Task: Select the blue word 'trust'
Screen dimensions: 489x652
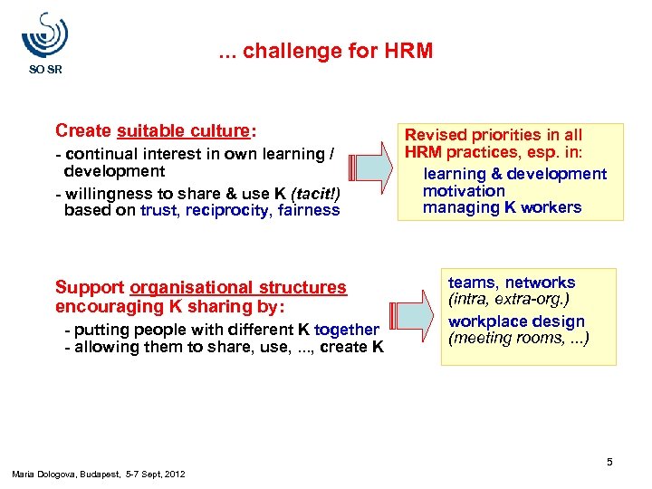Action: pos(159,210)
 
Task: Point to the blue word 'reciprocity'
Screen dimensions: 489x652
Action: pos(227,210)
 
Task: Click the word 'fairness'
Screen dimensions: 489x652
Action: pos(310,210)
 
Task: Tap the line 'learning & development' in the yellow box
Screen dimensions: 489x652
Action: pos(514,174)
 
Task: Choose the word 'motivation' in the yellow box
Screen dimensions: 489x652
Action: pos(464,191)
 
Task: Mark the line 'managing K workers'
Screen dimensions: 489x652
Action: pos(502,208)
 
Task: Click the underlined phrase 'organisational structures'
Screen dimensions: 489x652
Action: pos(238,288)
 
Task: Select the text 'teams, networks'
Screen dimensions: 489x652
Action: pos(512,283)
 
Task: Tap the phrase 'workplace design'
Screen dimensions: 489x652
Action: pos(516,321)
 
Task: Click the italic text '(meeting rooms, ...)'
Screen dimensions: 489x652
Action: pos(518,339)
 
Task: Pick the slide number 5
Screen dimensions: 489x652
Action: pos(609,463)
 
